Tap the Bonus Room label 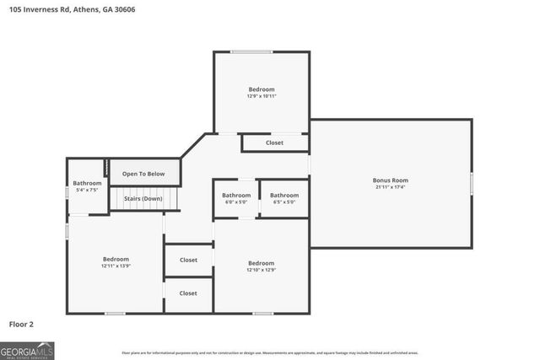click(x=390, y=180)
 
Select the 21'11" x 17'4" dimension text click(x=390, y=187)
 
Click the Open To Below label click(x=143, y=174)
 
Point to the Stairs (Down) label click(x=143, y=199)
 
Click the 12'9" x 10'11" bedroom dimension click(x=261, y=97)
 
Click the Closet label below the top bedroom click(x=274, y=143)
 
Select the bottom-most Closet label click(x=188, y=293)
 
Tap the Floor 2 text click(x=21, y=324)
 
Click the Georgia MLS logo click(x=27, y=350)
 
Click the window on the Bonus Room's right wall click(x=472, y=183)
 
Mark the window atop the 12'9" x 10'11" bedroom click(x=251, y=52)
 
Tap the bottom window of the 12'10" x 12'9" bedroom click(x=262, y=314)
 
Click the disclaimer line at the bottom click(x=269, y=353)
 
